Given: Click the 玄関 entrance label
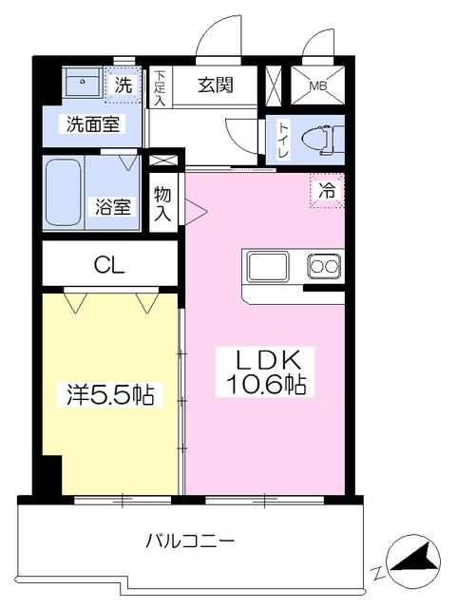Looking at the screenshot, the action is pos(216,85).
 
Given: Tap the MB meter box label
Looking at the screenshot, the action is pos(318,85).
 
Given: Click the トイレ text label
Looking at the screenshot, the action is pos(283,140).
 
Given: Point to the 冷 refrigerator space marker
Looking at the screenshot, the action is pos(327,191).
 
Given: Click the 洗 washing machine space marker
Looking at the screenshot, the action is pos(123,85).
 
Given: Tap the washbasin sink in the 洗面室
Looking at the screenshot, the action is pos(83,83).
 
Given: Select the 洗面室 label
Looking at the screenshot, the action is pos(92,124).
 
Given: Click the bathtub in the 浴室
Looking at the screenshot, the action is pos(64,192).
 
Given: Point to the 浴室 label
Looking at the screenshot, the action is pos(112,207).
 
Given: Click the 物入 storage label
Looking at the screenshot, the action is pos(162,203).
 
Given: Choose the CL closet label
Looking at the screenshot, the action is pos(109,265).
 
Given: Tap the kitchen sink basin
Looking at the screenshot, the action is pos(268,266).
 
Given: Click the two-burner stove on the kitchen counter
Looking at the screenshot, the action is pos(324,266).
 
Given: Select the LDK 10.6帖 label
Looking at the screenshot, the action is pos(264,371).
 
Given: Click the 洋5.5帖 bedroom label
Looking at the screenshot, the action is pos(110,395).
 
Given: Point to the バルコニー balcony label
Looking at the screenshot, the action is pos(190,541).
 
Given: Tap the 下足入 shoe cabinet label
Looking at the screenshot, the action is pos(160,88).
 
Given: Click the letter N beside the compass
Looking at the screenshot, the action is pos(376,572).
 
